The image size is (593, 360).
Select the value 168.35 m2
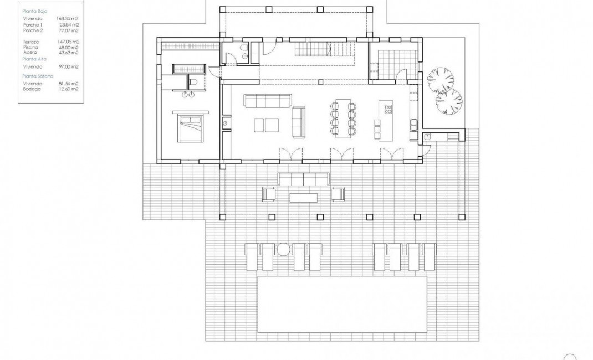point(68,18)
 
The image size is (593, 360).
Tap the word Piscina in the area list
point(31,48)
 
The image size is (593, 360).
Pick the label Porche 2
point(33,32)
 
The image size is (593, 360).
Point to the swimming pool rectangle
point(342,305)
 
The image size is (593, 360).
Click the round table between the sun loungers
point(284,250)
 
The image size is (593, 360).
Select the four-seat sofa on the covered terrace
point(304,178)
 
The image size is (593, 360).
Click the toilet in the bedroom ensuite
point(192,83)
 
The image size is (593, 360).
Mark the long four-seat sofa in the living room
point(267,101)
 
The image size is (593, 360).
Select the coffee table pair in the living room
point(266,125)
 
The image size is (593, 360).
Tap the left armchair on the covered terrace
point(269,194)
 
